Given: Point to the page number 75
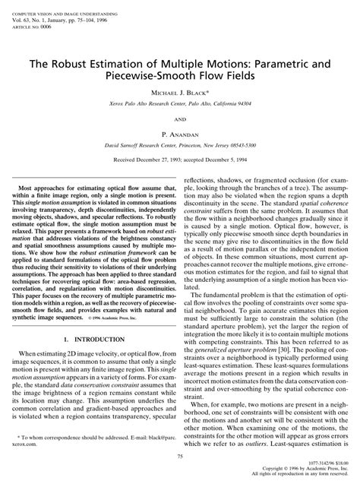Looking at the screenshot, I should [x=180, y=456].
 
